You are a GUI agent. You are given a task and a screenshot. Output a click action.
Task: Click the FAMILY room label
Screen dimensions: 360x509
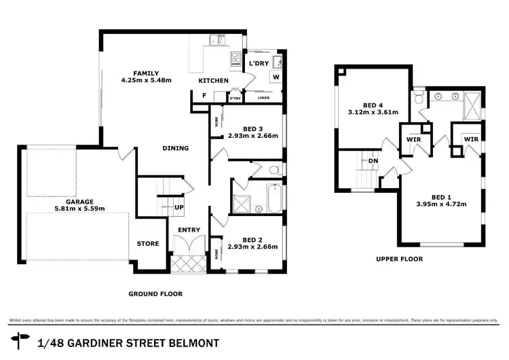point(146,73)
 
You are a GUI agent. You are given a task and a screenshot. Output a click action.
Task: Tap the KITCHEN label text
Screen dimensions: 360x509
point(213,81)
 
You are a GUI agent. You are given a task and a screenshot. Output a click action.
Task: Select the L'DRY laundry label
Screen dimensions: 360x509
point(259,63)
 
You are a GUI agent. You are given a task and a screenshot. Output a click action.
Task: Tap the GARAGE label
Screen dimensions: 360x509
point(75,200)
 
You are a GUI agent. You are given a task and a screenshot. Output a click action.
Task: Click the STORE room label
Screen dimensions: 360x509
point(147,243)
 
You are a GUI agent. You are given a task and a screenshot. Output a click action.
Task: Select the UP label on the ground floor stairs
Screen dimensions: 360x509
point(180,207)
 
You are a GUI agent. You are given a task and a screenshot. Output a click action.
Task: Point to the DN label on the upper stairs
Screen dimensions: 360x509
point(373,161)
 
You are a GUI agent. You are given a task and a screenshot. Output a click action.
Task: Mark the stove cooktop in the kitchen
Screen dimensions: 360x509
point(237,59)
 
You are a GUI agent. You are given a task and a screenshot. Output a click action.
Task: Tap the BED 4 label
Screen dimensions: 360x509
point(373,105)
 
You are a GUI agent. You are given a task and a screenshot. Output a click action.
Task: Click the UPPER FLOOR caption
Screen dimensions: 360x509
point(399,259)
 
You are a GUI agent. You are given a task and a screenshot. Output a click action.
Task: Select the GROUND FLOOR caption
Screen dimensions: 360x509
point(155,294)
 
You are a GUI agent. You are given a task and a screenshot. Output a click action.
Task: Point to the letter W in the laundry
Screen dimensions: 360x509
point(276,77)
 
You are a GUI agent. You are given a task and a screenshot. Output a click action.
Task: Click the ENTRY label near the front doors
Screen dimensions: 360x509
point(189,230)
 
